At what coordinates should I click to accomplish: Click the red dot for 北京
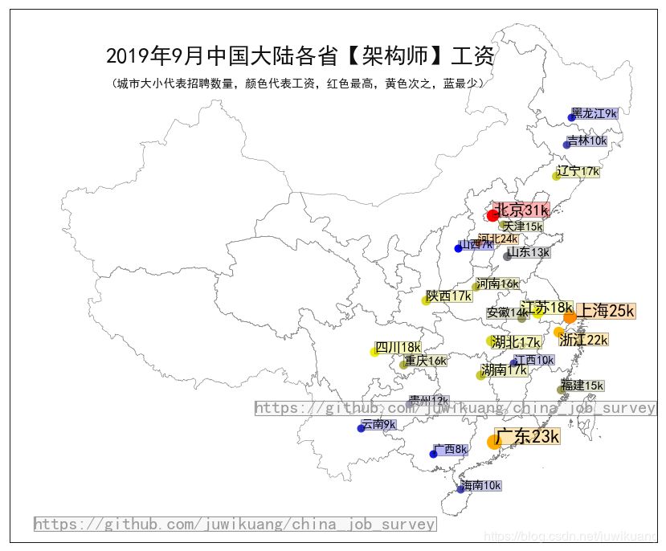pos(493,215)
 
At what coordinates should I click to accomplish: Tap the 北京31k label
pos(521,210)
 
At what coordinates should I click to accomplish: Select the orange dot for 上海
pos(570,317)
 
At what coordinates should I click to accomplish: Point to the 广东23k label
pos(527,437)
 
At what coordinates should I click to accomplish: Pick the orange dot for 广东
pos(494,442)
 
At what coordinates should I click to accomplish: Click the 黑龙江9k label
pos(594,113)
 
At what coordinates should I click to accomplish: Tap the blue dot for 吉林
pos(567,145)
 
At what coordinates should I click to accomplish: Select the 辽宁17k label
pos(578,171)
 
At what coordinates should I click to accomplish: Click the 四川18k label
pos(398,347)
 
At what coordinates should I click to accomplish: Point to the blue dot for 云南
pos(362,428)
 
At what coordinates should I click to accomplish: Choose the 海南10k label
pos(481,485)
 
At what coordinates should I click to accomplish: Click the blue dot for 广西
pos(434,454)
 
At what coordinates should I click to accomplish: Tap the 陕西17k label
pos(449,296)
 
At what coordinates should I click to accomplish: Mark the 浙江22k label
pos(584,340)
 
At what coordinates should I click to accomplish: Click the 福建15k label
pos(582,386)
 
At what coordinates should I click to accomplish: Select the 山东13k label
pos(529,252)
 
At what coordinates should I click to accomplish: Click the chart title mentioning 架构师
pos(300,56)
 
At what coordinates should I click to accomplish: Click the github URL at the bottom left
pos(235,524)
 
